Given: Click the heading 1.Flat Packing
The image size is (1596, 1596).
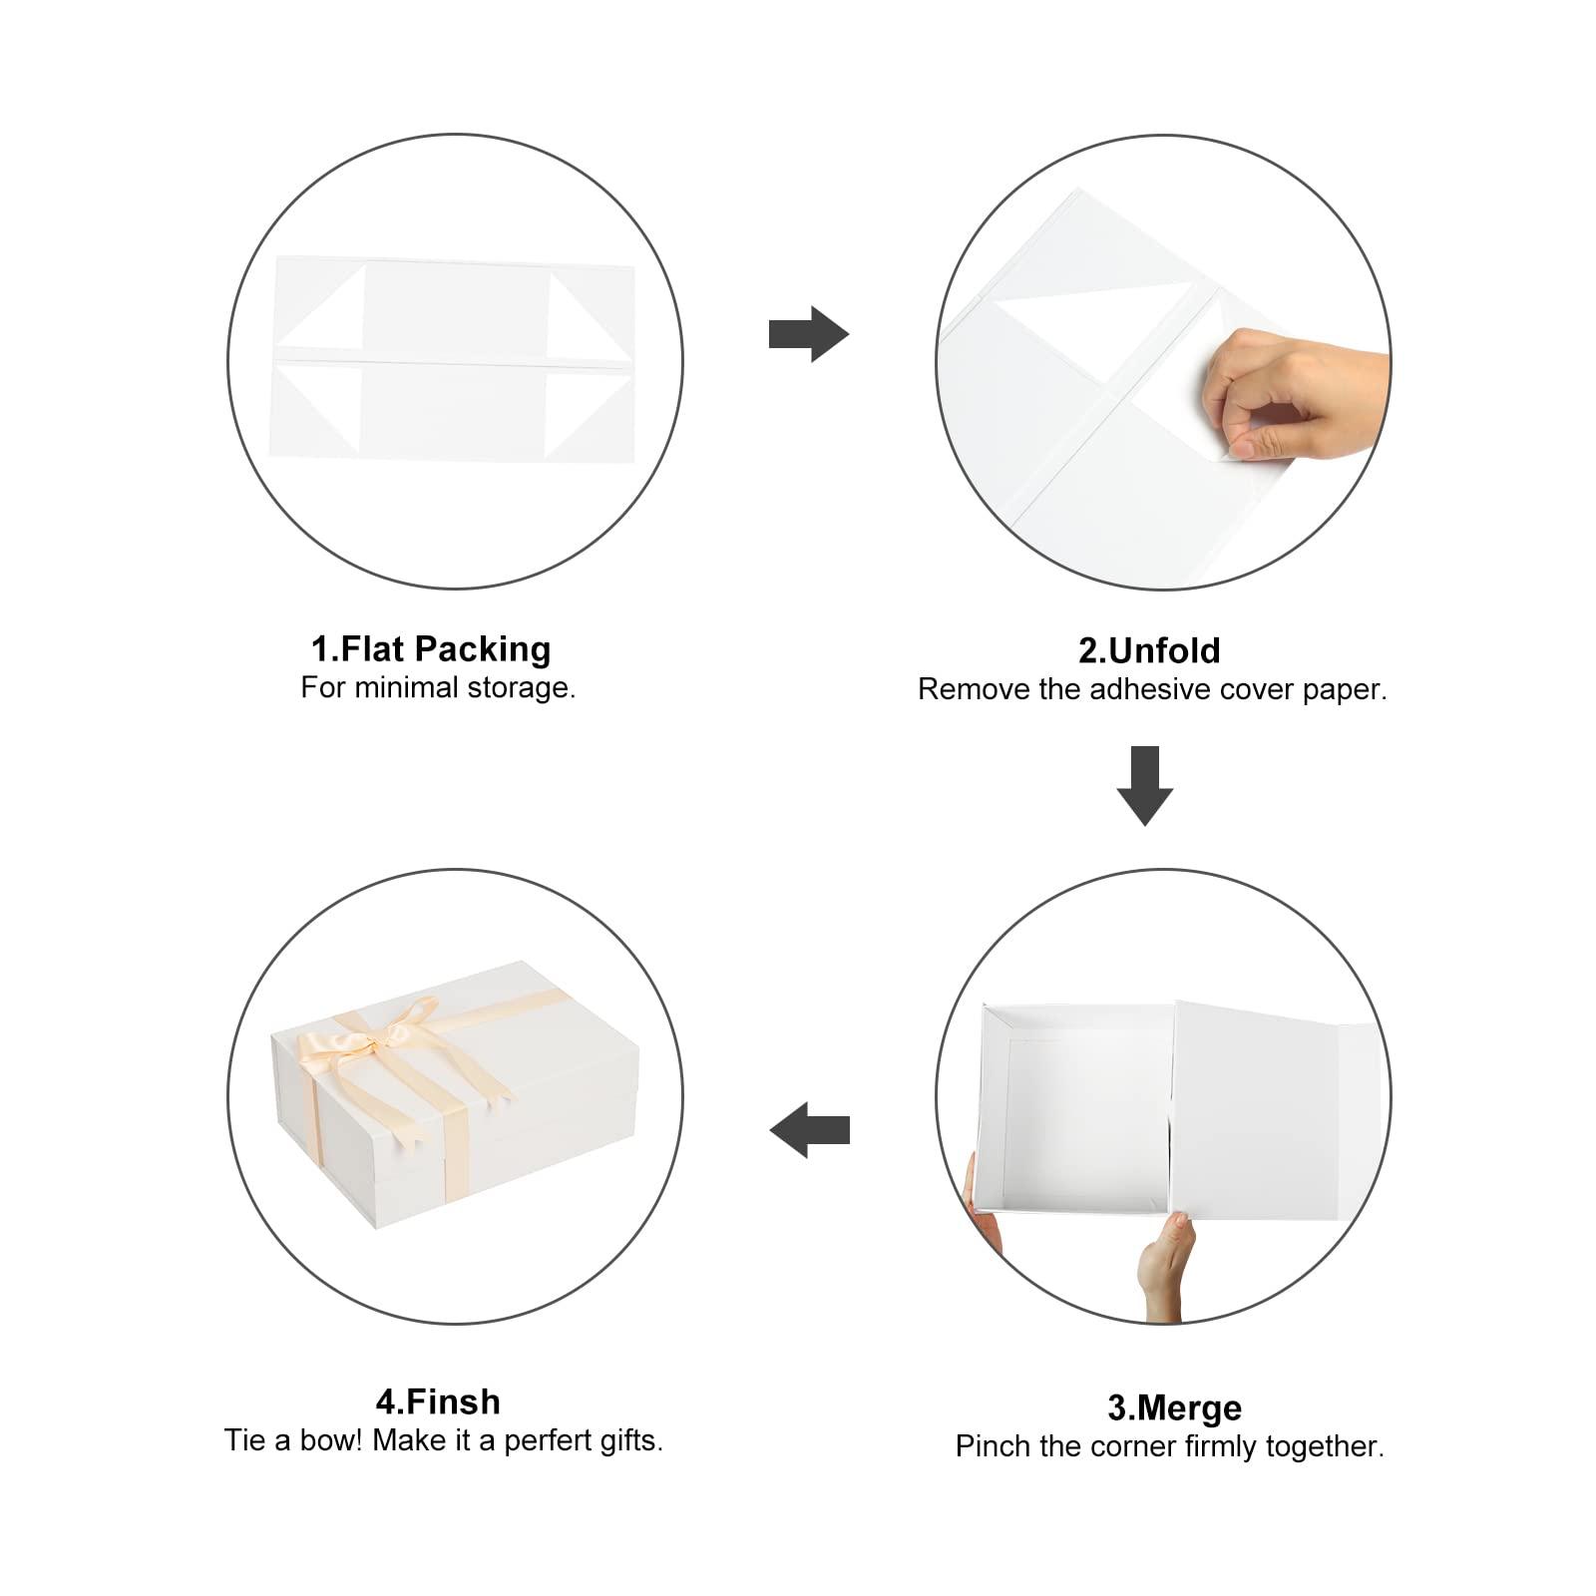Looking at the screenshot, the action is tap(431, 649).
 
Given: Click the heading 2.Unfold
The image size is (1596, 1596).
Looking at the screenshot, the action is tap(1149, 651).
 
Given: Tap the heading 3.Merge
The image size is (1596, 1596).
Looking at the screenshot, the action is tap(1175, 1408).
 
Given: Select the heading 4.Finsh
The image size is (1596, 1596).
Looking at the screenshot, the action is tap(438, 1402).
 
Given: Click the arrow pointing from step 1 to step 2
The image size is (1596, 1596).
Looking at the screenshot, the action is tap(809, 334).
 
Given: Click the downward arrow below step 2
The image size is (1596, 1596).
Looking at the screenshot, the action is tap(1145, 786).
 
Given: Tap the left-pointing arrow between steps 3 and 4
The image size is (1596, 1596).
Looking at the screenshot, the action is tap(809, 1130).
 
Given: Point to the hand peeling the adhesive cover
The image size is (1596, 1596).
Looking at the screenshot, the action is tap(1292, 395).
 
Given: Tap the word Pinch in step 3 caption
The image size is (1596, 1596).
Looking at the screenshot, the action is tap(992, 1446).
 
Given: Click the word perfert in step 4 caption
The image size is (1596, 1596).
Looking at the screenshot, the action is tap(554, 1440).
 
